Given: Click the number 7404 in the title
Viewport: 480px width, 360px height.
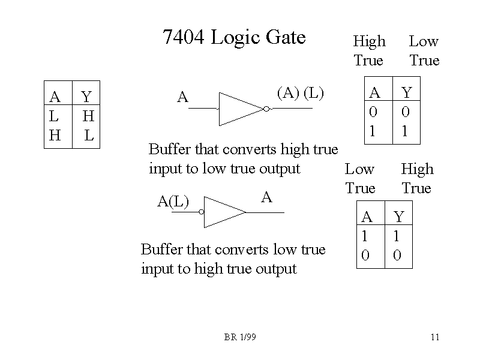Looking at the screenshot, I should (184, 38).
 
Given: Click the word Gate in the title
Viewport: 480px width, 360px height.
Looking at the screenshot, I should (286, 38).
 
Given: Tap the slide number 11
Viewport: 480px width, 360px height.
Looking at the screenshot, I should (435, 337).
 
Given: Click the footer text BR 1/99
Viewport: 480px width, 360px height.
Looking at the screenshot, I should (240, 337).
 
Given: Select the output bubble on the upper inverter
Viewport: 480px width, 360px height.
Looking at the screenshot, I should (266, 109).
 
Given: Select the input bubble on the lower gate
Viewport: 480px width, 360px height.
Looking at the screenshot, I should (202, 212).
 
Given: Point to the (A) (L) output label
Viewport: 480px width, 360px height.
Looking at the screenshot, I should (300, 93).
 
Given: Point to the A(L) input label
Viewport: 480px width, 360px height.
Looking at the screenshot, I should (173, 202).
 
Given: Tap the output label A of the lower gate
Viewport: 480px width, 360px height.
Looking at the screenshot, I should (267, 197).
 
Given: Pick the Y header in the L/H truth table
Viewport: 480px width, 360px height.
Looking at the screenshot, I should (86, 97).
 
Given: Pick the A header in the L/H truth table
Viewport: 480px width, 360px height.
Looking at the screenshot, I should (55, 97).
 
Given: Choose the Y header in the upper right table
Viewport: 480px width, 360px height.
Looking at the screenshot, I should (407, 92).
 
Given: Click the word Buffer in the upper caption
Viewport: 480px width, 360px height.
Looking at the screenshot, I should (168, 149).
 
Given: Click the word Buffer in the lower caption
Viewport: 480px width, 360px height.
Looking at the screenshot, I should (161, 249).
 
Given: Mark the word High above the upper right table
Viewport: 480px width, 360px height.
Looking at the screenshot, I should (369, 41).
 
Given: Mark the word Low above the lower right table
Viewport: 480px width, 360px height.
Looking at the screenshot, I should (359, 170).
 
